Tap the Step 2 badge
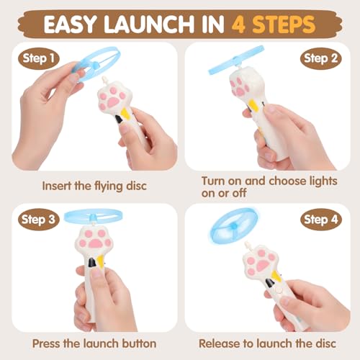click(320, 58)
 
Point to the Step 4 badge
click(320, 221)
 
